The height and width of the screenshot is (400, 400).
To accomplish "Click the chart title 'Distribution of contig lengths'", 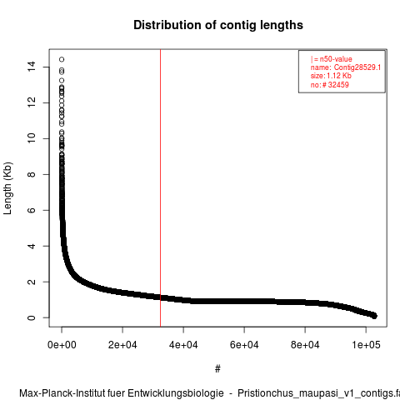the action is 218,25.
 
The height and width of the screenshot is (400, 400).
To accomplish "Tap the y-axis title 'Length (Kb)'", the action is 7,188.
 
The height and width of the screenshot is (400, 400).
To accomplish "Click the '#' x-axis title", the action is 217,369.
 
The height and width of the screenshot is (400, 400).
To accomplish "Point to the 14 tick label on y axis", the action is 32,67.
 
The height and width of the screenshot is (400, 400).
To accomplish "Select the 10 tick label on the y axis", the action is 32,138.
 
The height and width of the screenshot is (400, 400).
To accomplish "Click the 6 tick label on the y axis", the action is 32,210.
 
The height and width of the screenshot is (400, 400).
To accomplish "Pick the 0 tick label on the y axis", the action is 32,317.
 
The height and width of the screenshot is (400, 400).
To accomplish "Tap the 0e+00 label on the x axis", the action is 62,345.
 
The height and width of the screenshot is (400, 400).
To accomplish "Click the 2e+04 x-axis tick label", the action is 122,345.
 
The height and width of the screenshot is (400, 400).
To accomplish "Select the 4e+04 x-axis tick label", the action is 183,345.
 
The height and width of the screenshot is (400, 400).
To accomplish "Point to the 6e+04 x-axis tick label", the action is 244,345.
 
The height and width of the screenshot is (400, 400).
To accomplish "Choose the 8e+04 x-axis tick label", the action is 305,345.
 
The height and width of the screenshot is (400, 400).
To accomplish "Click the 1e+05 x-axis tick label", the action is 366,345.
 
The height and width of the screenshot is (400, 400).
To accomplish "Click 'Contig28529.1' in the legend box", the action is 357,67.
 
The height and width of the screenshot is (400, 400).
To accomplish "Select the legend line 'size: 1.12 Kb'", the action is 331,76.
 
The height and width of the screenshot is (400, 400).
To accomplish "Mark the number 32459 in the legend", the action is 338,84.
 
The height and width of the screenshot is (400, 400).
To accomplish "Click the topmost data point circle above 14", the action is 62,59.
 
